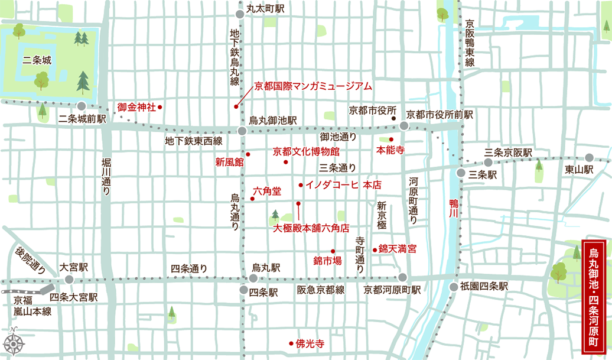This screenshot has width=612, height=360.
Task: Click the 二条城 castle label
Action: [x=38, y=60]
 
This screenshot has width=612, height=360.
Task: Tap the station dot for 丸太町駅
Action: [x=239, y=14]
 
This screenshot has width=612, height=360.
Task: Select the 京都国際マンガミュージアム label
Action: [x=313, y=86]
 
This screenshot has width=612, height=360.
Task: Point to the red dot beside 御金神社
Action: [x=160, y=108]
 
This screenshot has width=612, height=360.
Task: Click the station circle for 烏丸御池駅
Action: [x=242, y=131]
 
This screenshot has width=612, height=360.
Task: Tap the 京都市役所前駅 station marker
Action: [x=404, y=125]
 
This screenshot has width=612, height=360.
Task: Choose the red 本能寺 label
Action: [x=390, y=150]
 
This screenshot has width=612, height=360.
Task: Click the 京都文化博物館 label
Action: [x=306, y=151]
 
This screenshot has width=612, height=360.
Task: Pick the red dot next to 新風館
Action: [x=248, y=154]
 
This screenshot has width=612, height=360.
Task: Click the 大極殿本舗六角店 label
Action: [x=311, y=227]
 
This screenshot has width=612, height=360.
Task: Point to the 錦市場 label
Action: [x=327, y=260]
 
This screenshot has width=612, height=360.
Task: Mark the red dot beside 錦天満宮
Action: [x=375, y=249]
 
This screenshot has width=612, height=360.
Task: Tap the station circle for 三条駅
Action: [x=461, y=173]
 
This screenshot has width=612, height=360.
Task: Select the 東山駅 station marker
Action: [x=589, y=158]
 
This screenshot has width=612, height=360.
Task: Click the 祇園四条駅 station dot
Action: [x=454, y=287]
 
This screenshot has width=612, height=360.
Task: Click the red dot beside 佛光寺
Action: [x=291, y=343]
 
